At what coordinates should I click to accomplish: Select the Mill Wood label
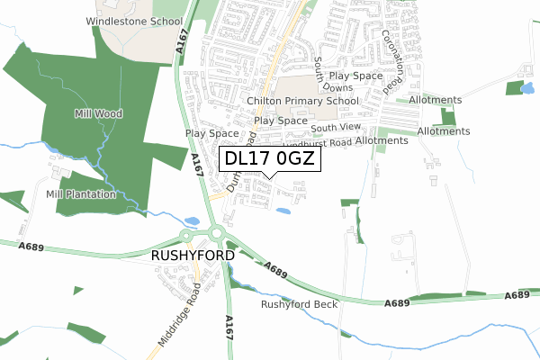coord(99,114)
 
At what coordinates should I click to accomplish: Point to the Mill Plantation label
coord(81,194)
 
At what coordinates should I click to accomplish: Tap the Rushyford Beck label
coord(299,305)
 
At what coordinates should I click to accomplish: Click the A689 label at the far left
coord(31,247)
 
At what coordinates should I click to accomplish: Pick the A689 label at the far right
coord(517,295)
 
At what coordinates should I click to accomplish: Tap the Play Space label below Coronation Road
coord(356,76)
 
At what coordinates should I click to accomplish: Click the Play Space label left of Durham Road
coord(213,133)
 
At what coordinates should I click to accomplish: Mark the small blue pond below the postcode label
coord(283,211)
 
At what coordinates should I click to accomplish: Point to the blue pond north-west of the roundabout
coord(192,220)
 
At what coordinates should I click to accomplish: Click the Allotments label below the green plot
coord(443,131)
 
